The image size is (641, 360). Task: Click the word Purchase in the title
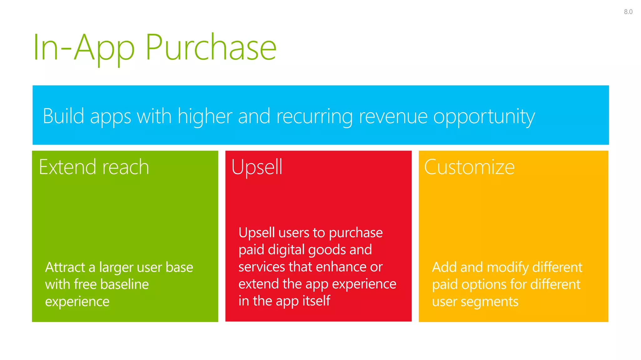pyautogui.click(x=211, y=47)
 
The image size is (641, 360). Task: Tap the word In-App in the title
pyautogui.click(x=84, y=47)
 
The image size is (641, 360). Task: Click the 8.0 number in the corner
pyautogui.click(x=628, y=12)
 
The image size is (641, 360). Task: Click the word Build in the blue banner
pyautogui.click(x=64, y=116)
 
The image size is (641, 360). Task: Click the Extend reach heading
pyautogui.click(x=94, y=167)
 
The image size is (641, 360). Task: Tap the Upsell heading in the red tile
pyautogui.click(x=257, y=167)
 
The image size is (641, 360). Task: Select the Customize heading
pyautogui.click(x=469, y=167)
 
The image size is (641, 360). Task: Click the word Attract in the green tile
pyautogui.click(x=65, y=267)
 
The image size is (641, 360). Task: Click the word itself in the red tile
pyautogui.click(x=316, y=301)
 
